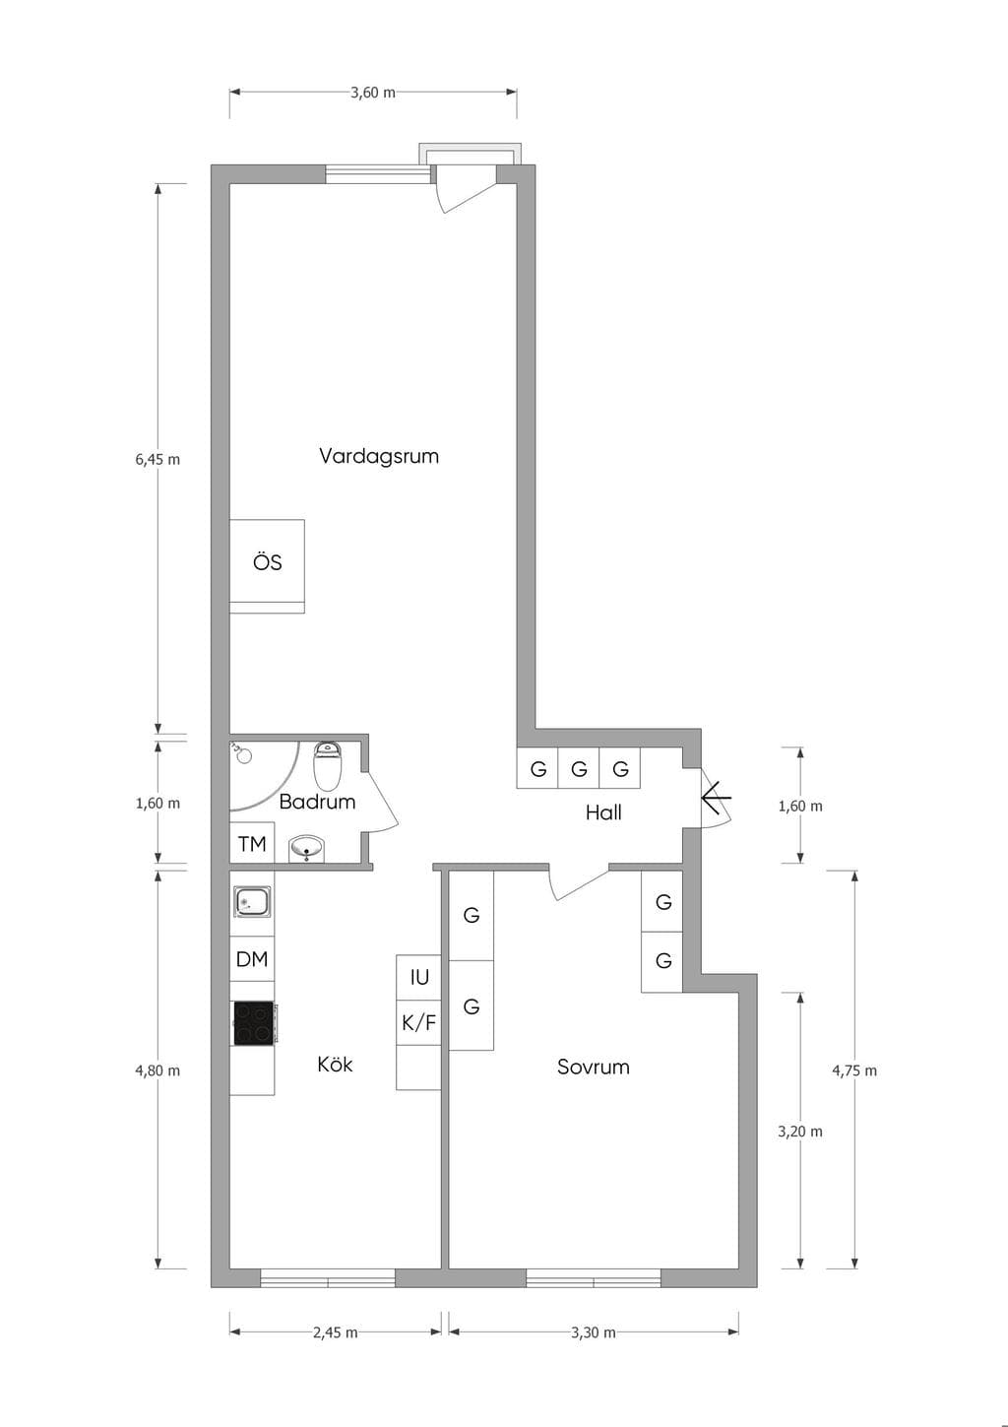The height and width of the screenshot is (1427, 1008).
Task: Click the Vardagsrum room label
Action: pos(379,456)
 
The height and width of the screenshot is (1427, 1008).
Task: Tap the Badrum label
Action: pos(317,802)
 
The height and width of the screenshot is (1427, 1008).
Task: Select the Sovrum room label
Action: pos(593,1067)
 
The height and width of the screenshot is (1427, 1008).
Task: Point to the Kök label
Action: pos(335,1064)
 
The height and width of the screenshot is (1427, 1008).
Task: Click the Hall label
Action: pos(603,812)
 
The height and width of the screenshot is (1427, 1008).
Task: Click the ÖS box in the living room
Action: pos(267,566)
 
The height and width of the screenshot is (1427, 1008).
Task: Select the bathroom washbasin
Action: pos(307,849)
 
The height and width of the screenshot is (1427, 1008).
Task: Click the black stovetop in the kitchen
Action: pos(254,1022)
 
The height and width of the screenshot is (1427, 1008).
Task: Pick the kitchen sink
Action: pos(253,901)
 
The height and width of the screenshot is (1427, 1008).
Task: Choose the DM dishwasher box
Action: pos(252,959)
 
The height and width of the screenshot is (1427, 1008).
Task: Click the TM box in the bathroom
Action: pos(252,843)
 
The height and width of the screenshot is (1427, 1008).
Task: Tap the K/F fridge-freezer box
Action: pos(418,1022)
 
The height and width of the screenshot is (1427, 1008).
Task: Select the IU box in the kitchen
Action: pos(418,977)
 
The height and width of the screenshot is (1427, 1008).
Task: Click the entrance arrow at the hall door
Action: pos(717,797)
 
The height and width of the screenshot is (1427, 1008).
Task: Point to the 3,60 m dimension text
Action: pos(373,93)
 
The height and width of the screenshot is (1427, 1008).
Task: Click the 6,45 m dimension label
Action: pos(157,459)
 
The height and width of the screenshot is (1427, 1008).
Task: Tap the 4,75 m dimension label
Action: pos(854,1070)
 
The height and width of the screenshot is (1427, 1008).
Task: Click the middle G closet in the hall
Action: pos(579,768)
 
